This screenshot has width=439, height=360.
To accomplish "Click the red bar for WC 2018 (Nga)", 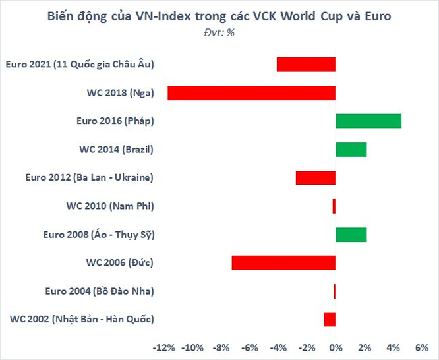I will coord(251,93).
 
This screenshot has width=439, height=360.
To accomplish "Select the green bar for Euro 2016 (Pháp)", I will coord(368,121).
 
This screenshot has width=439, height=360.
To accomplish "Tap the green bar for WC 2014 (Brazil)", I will coord(351,150).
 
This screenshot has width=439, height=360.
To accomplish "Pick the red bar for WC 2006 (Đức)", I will coord(283,263).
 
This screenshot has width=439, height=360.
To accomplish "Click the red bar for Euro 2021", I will coord(306,65).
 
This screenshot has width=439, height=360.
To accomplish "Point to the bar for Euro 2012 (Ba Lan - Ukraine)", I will coord(316,178).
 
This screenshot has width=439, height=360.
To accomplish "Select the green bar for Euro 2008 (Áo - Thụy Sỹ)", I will coord(351,235).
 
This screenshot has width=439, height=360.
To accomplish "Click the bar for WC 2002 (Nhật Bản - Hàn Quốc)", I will coord(330,320).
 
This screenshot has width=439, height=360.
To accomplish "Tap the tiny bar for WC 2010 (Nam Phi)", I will coord(334,206).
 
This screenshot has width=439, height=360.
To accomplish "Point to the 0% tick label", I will coord(336,347).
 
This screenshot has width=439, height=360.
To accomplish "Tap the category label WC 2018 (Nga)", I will coord(115,93).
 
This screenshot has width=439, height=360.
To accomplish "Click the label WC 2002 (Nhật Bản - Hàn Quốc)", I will coord(82,320).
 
